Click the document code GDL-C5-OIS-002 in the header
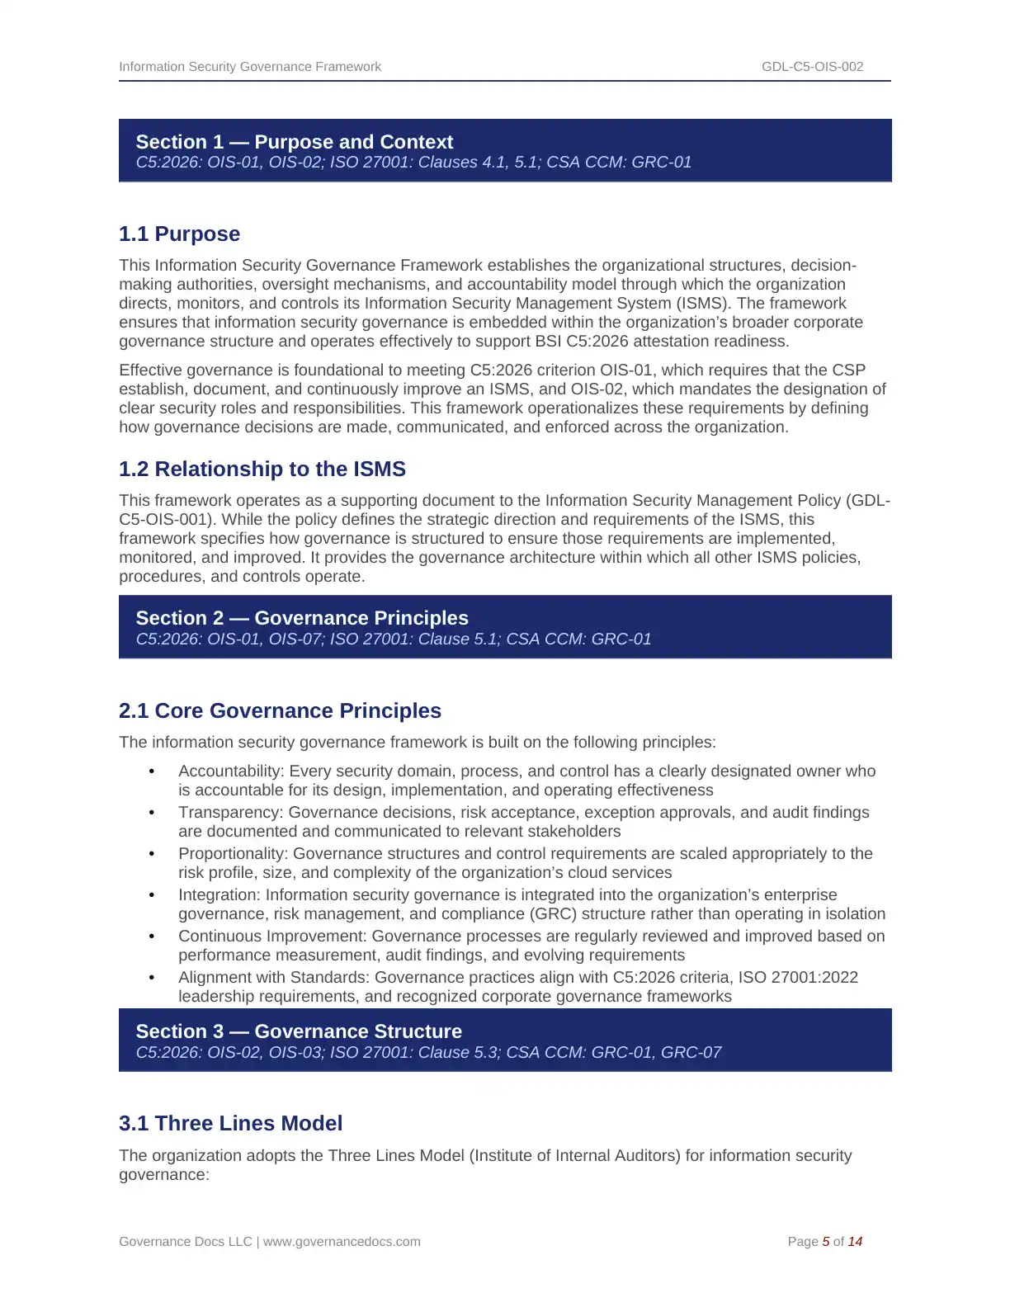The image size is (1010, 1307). (812, 67)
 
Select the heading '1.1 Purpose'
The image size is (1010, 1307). (179, 234)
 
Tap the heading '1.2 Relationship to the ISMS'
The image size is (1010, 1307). (262, 469)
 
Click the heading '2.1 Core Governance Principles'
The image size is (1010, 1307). (280, 711)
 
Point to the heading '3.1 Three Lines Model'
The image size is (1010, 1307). (230, 1124)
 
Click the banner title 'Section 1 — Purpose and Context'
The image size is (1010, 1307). (295, 142)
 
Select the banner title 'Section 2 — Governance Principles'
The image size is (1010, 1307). (302, 618)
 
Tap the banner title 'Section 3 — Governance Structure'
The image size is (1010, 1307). (299, 1031)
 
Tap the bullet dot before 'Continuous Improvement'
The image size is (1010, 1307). (152, 937)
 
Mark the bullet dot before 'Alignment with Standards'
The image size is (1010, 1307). (152, 978)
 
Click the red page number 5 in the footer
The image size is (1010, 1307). (826, 1242)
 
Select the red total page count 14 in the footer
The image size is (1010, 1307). (855, 1242)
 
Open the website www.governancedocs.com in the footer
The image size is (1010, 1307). (342, 1242)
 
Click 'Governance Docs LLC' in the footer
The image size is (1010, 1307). (185, 1242)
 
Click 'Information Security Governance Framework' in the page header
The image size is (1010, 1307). (250, 67)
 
